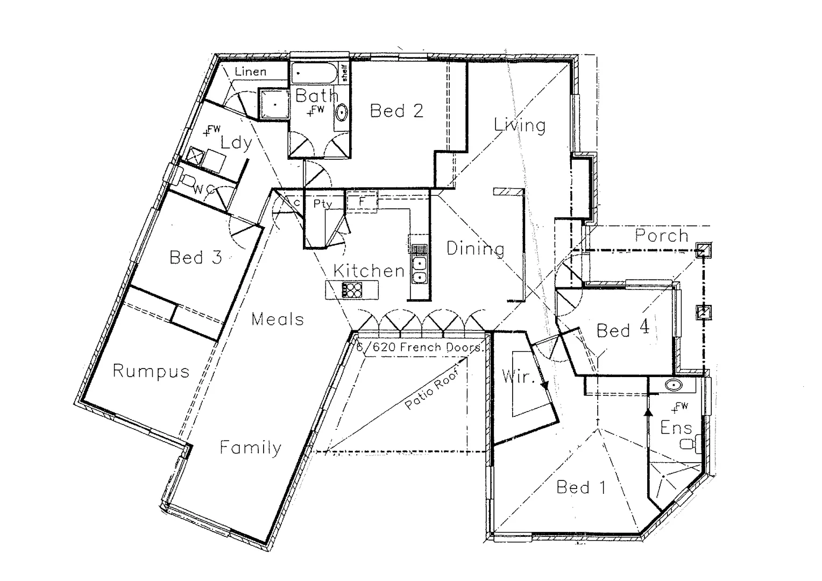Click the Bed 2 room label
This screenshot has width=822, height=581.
(x=396, y=111)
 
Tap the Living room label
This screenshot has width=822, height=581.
(x=520, y=125)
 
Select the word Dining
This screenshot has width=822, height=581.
(x=476, y=249)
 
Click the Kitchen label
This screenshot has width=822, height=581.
(x=369, y=271)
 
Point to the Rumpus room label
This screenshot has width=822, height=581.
(x=151, y=371)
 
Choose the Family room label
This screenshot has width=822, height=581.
(x=251, y=448)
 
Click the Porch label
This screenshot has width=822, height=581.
(x=662, y=236)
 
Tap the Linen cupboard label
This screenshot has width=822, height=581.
(x=250, y=72)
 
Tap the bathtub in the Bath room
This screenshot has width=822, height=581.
(x=315, y=73)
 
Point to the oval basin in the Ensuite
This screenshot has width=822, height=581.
(x=673, y=385)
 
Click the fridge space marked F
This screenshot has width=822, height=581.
(x=362, y=201)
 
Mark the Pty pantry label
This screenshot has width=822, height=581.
(x=323, y=203)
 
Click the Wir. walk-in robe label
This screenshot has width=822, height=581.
(x=518, y=376)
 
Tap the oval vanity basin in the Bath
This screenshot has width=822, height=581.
(x=341, y=113)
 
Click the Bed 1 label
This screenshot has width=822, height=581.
(x=581, y=487)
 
